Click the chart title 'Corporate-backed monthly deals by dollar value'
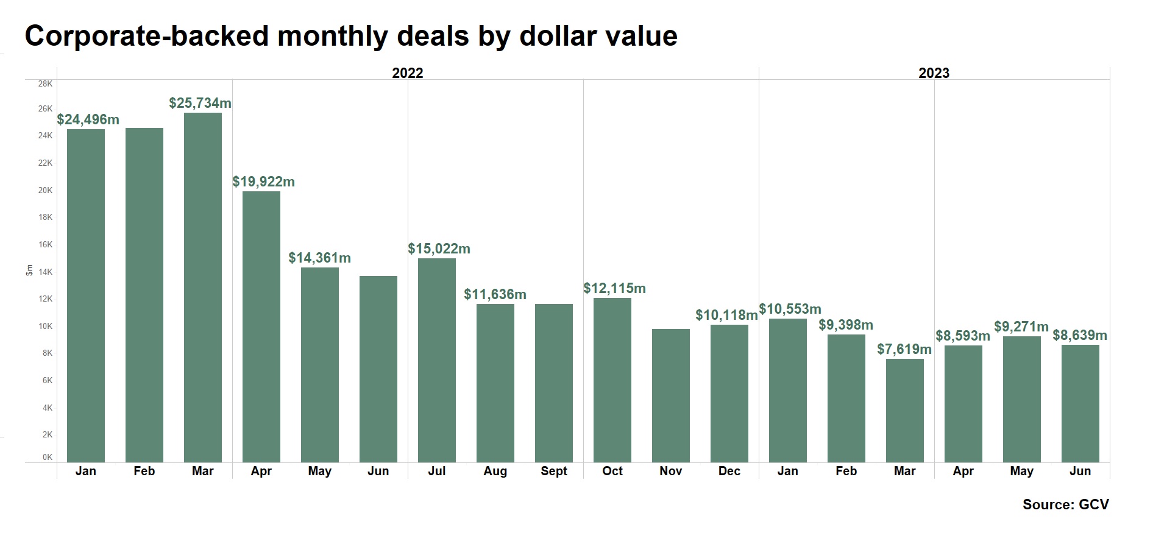pos(351,36)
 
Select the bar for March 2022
pos(203,286)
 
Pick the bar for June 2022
pos(378,369)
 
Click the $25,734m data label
pos(200,103)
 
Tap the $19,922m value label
pos(263,182)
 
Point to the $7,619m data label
pos(904,349)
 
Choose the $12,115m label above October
pos(614,288)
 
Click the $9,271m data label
pos(1021,327)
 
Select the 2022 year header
pos(408,73)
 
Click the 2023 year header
pos(934,73)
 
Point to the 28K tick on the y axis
pos(46,83)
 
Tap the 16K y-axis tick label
pos(46,244)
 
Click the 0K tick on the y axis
pos(48,457)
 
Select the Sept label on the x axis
pos(554,471)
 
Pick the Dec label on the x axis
pos(729,471)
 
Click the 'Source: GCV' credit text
pos(1065,504)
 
